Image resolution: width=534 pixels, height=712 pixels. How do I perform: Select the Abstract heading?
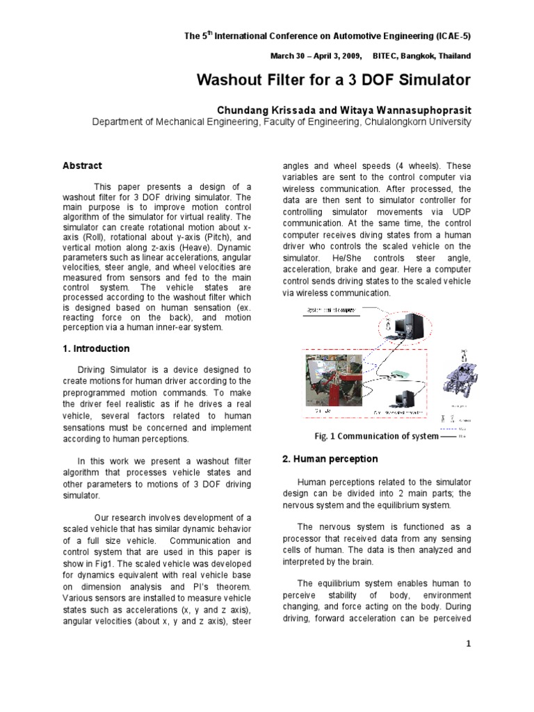point(82,165)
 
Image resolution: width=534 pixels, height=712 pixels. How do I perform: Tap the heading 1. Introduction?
point(96,348)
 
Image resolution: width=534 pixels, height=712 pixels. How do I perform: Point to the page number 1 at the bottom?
point(469,644)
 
